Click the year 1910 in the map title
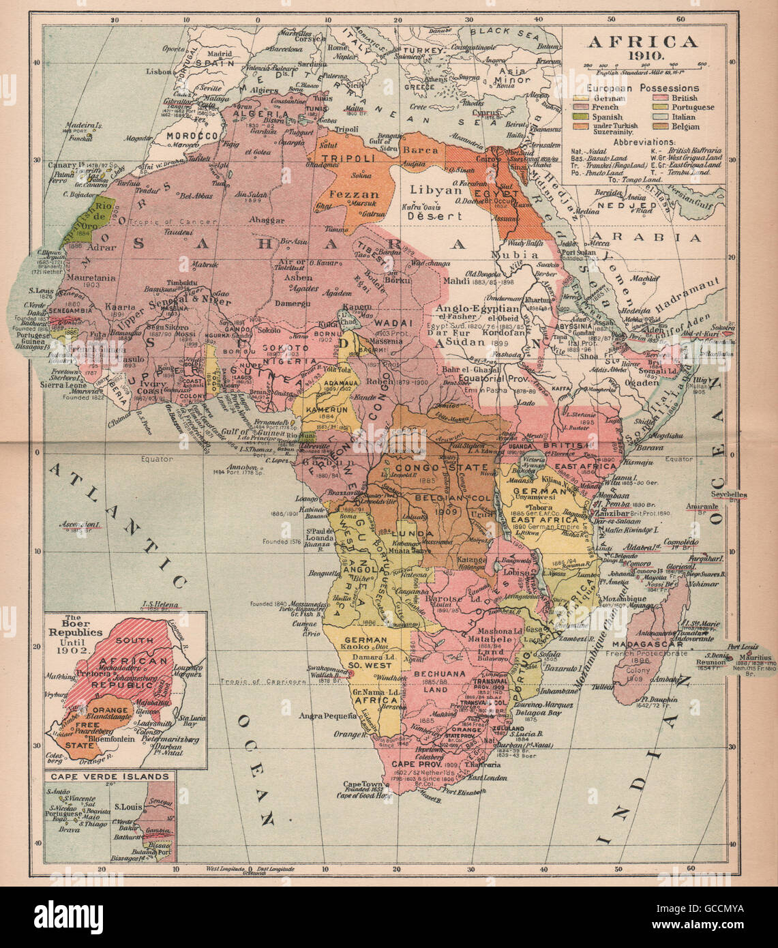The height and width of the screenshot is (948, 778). point(642,56)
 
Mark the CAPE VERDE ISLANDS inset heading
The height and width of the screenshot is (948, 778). point(106,776)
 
